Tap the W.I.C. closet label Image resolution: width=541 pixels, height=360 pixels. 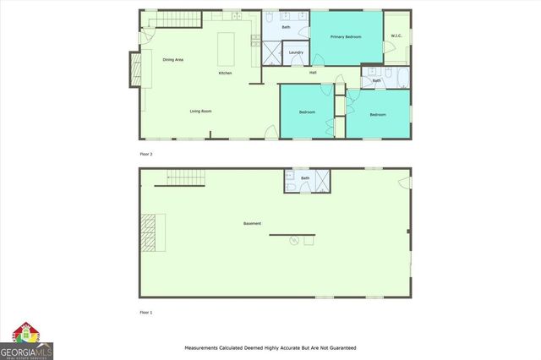[396, 35]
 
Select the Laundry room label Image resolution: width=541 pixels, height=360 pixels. [296, 52]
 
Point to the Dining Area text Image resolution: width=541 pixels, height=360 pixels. [173, 59]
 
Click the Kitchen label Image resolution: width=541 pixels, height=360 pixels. [225, 73]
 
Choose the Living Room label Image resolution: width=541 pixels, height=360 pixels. [200, 111]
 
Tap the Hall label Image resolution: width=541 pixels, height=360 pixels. [313, 73]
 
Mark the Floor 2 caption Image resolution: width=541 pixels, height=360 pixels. [146, 154]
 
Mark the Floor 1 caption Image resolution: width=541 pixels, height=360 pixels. [146, 313]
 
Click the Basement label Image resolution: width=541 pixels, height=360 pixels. [252, 223]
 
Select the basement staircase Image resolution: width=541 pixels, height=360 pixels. [186, 177]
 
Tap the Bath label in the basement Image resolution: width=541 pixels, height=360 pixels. [305, 178]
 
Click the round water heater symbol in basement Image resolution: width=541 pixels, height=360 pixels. [294, 241]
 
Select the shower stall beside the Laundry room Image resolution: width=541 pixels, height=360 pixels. [271, 54]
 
